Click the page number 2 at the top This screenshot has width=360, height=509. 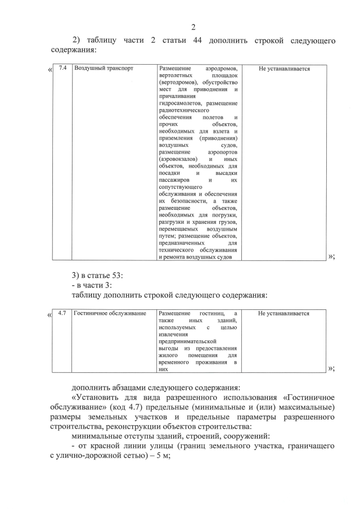(x=193, y=27)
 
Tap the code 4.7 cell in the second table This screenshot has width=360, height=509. (x=62, y=313)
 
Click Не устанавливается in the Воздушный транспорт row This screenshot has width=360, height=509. (x=284, y=69)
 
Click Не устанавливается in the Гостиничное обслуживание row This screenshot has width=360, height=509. (x=284, y=313)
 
